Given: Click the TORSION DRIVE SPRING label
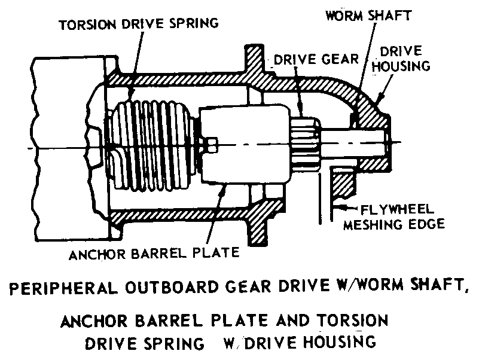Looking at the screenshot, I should point(139,25).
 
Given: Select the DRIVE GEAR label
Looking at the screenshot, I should point(314,60).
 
